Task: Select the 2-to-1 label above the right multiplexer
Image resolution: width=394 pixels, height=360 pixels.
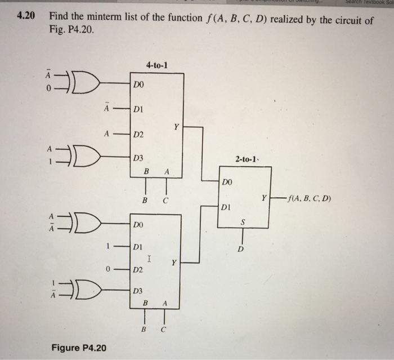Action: [x=247, y=160]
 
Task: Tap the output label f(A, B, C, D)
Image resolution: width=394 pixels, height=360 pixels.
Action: [x=309, y=198]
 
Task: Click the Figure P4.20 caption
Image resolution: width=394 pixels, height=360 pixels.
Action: [x=79, y=348]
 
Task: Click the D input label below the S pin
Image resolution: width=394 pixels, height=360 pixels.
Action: [x=241, y=248]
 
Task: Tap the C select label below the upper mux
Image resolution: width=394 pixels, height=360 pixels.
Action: [x=166, y=200]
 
